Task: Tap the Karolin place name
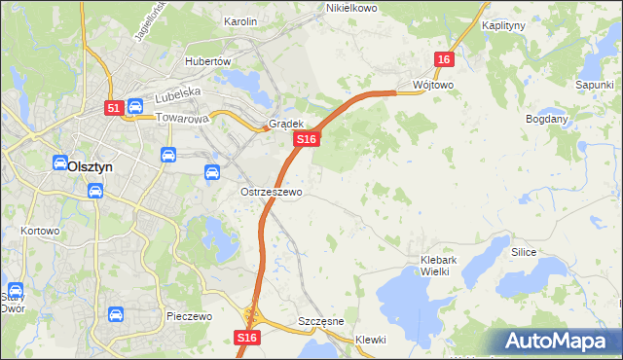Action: pos(239,21)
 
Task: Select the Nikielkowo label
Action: pos(350,8)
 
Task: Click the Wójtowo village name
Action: pos(433,85)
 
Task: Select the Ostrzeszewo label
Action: pos(272,193)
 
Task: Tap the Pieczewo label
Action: pos(189,317)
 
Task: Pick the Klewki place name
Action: pos(371,340)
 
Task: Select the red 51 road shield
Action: pos(114,109)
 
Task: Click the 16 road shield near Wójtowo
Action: pos(444,60)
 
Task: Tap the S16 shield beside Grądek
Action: pos(307,140)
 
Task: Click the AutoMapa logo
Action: pos(558,342)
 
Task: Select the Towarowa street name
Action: pos(183,120)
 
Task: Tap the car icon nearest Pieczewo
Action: pos(115,314)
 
